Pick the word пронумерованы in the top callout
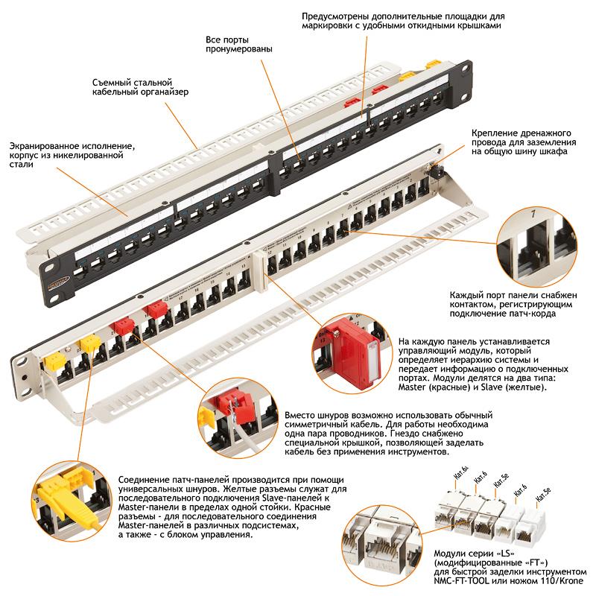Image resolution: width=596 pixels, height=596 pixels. click(x=238, y=49)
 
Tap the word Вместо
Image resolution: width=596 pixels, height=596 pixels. click(x=301, y=414)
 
